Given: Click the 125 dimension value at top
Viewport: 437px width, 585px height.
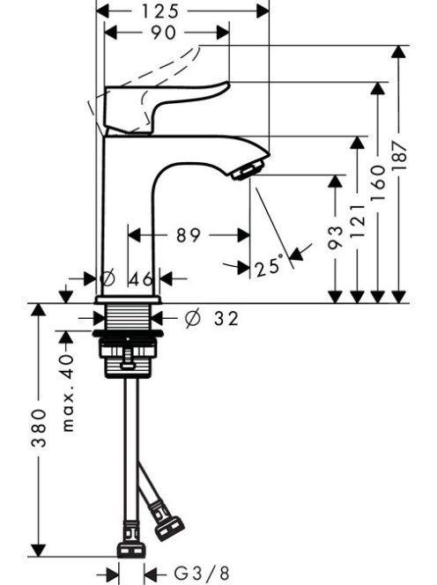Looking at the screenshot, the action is coord(160,11).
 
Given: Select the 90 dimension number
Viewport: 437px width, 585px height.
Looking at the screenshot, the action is coord(164,33).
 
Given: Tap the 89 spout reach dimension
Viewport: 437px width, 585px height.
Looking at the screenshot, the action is coord(189,235).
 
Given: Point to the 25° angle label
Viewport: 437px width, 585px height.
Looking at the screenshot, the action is coord(268,266).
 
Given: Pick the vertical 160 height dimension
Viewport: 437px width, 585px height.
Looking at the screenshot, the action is coord(378,183).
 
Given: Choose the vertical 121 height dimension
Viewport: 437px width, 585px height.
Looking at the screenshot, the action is coord(357,221).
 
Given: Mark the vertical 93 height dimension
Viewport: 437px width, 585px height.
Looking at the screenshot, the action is coord(335,237).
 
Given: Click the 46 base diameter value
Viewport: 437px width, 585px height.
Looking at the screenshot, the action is coord(142,278).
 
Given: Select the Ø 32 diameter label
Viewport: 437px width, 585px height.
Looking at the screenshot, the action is coord(211,318).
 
